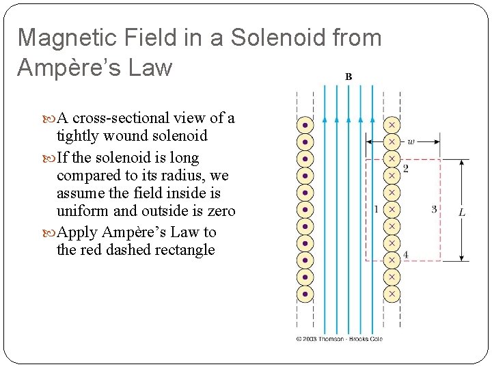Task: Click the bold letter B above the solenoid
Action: [348, 77]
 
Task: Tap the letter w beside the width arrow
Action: [411, 142]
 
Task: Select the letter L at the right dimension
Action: [462, 213]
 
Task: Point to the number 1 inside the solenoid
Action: [377, 209]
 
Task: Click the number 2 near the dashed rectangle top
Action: [406, 168]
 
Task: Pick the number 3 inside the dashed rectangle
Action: [434, 209]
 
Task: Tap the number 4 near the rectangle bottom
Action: [406, 255]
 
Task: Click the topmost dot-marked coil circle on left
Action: [305, 126]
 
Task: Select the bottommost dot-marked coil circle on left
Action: [305, 294]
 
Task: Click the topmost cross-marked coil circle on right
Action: [392, 126]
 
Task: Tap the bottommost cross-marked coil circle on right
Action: [392, 294]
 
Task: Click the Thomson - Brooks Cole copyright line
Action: [340, 338]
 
